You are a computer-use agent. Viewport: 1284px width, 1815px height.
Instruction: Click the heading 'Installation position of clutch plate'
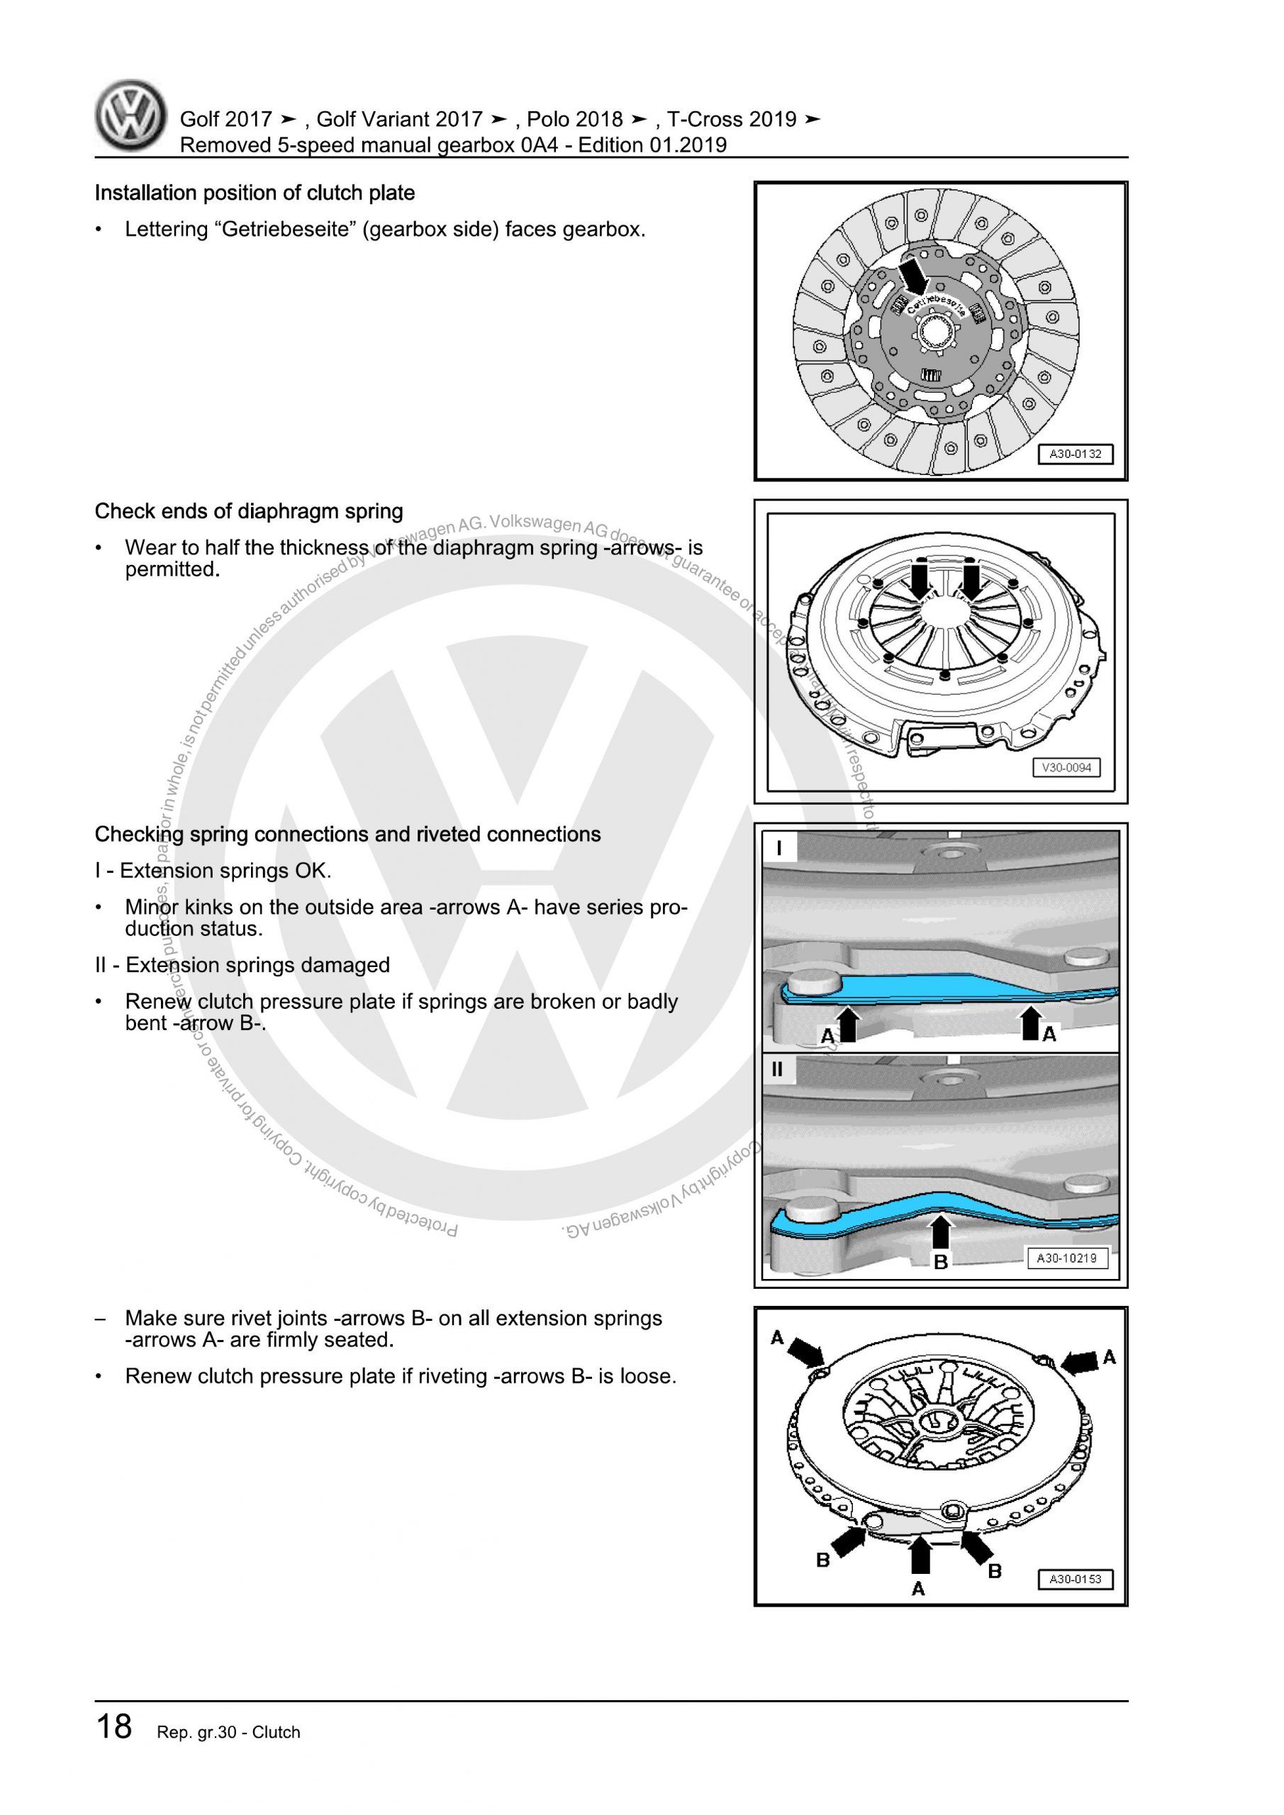point(255,193)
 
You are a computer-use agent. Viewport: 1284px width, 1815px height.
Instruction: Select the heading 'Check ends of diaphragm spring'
point(249,511)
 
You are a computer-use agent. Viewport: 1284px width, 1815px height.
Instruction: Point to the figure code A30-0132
point(1074,454)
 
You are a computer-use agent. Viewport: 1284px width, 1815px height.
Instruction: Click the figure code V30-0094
point(1066,768)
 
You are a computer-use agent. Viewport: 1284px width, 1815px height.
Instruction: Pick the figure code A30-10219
point(1066,1258)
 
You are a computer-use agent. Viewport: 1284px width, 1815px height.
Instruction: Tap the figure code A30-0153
point(1074,1580)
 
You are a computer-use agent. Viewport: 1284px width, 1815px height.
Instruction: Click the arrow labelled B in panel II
point(940,1232)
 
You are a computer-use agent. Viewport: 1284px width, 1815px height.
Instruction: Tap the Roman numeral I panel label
point(780,848)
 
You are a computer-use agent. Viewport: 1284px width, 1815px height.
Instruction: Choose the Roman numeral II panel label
point(777,1070)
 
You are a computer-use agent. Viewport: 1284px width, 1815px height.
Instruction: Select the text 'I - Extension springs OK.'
point(213,871)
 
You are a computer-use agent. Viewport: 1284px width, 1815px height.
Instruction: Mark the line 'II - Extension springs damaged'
point(242,965)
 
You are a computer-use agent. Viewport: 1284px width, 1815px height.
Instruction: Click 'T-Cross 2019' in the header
point(732,119)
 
